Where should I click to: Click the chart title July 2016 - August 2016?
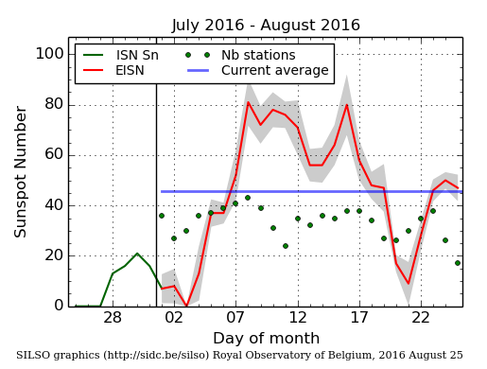click(x=266, y=26)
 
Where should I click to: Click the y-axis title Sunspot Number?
click(x=21, y=171)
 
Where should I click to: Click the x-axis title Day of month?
click(x=265, y=338)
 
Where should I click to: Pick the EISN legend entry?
click(x=130, y=70)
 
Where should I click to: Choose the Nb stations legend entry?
click(x=258, y=55)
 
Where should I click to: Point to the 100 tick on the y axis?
click(x=48, y=53)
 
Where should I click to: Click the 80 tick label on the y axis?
click(x=52, y=104)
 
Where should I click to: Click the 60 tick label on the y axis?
click(x=52, y=154)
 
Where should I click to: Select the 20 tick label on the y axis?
click(x=52, y=255)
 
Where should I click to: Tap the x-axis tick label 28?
click(x=113, y=318)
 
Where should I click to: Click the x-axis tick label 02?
click(x=174, y=318)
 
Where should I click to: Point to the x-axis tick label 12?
click(x=298, y=318)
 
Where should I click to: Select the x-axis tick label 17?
click(x=359, y=318)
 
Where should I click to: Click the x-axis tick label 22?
click(x=421, y=318)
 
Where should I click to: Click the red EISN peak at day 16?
click(x=347, y=103)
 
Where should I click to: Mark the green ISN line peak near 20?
click(x=137, y=254)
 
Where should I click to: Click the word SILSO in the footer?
click(x=36, y=355)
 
